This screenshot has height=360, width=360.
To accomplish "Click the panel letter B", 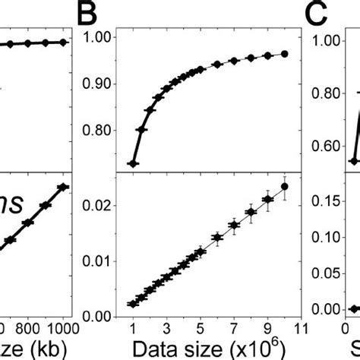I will click(95, 12).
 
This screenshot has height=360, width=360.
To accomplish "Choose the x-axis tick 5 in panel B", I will click(199, 328).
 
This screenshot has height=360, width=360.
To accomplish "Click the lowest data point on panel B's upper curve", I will click(132, 163).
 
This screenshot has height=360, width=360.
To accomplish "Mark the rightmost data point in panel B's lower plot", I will click(285, 187).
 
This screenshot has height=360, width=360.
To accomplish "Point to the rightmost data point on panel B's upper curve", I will click(285, 54).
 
